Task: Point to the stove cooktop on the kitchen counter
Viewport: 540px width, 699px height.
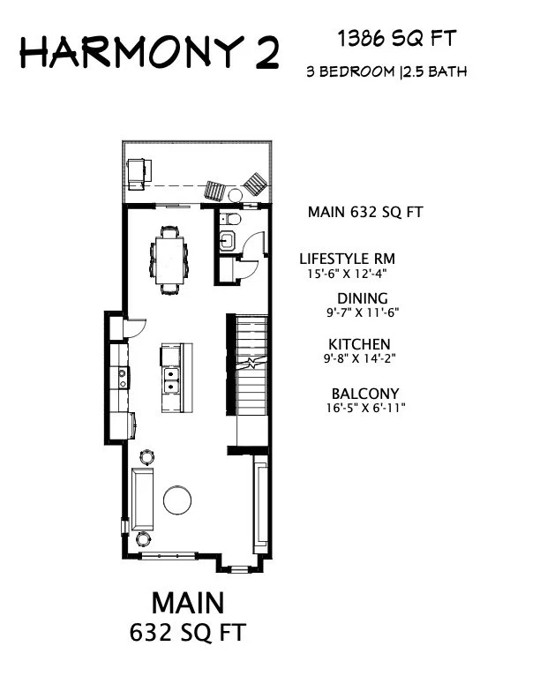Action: pyautogui.click(x=122, y=379)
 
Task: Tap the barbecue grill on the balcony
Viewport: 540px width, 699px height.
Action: pyautogui.click(x=139, y=172)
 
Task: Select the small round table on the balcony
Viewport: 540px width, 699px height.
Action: pyautogui.click(x=235, y=195)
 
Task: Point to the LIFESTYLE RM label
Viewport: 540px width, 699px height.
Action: pyautogui.click(x=347, y=259)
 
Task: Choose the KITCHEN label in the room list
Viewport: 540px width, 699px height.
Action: pyautogui.click(x=359, y=344)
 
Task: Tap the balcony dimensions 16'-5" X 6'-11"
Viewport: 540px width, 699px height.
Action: pyautogui.click(x=364, y=408)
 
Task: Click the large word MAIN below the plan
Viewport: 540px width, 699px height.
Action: pyautogui.click(x=187, y=603)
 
